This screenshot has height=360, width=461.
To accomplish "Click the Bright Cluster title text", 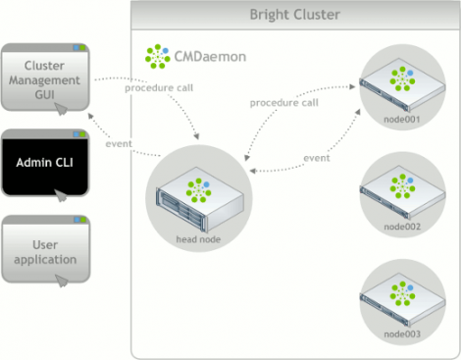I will point(293,15).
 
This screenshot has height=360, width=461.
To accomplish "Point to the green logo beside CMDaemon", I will point(157,56).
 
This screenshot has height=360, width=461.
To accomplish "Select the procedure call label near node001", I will point(283,102).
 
